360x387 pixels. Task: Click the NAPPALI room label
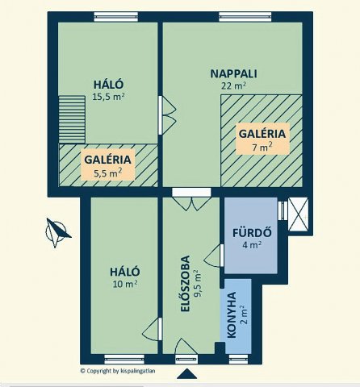coord(233,73)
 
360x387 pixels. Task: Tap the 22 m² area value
coord(233,85)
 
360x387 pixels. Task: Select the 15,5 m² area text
coord(108,97)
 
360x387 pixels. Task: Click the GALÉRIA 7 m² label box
coord(262,139)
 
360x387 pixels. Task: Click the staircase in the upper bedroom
coord(72,119)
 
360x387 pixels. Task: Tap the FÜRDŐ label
coord(252,233)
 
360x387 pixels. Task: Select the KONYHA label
coord(232,314)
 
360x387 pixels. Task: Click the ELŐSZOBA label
coord(186,284)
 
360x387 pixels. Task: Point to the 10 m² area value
coord(125,284)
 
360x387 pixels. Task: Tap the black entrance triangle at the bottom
coord(187,374)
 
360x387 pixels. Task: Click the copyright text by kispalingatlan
coord(118,371)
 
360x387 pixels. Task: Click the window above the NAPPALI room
coord(245,17)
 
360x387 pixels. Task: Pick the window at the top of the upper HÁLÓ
coord(116,17)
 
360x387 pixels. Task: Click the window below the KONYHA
coord(238,359)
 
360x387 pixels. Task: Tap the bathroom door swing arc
coord(211,256)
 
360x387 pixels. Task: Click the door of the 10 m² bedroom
coord(152,329)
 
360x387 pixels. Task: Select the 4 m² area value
coord(252,245)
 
